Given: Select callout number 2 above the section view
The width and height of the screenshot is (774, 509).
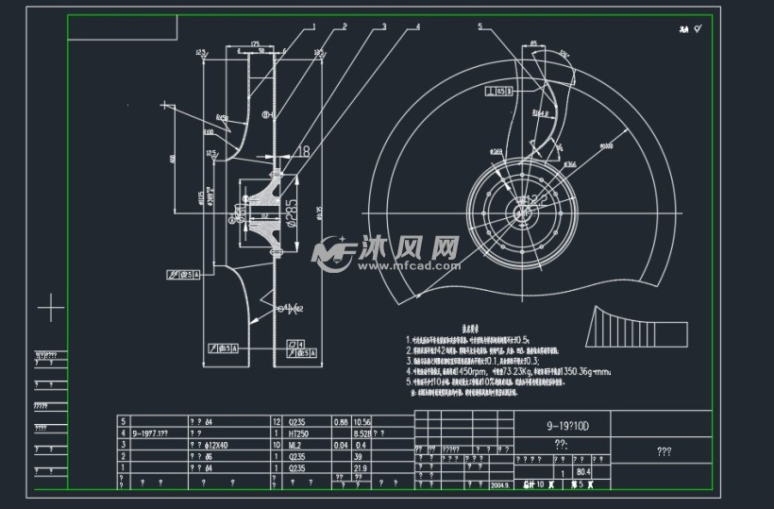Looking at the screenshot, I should pos(345,26).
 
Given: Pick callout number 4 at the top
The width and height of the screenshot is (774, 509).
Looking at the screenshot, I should pos(418,26).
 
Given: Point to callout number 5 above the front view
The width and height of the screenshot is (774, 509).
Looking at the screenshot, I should pos(480,26).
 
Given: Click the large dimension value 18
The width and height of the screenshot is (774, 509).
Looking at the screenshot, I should pos(303,151).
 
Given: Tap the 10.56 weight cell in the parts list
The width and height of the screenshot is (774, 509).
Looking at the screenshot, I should pos(362,420).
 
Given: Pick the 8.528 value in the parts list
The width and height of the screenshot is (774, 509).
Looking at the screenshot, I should pos(362,433).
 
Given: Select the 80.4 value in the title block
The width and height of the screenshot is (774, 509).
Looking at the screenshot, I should pos(583,471).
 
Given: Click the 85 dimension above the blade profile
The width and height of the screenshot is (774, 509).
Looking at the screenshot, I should pos(534,43).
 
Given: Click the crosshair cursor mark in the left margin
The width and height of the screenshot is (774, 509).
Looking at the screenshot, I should pos(50,308).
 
